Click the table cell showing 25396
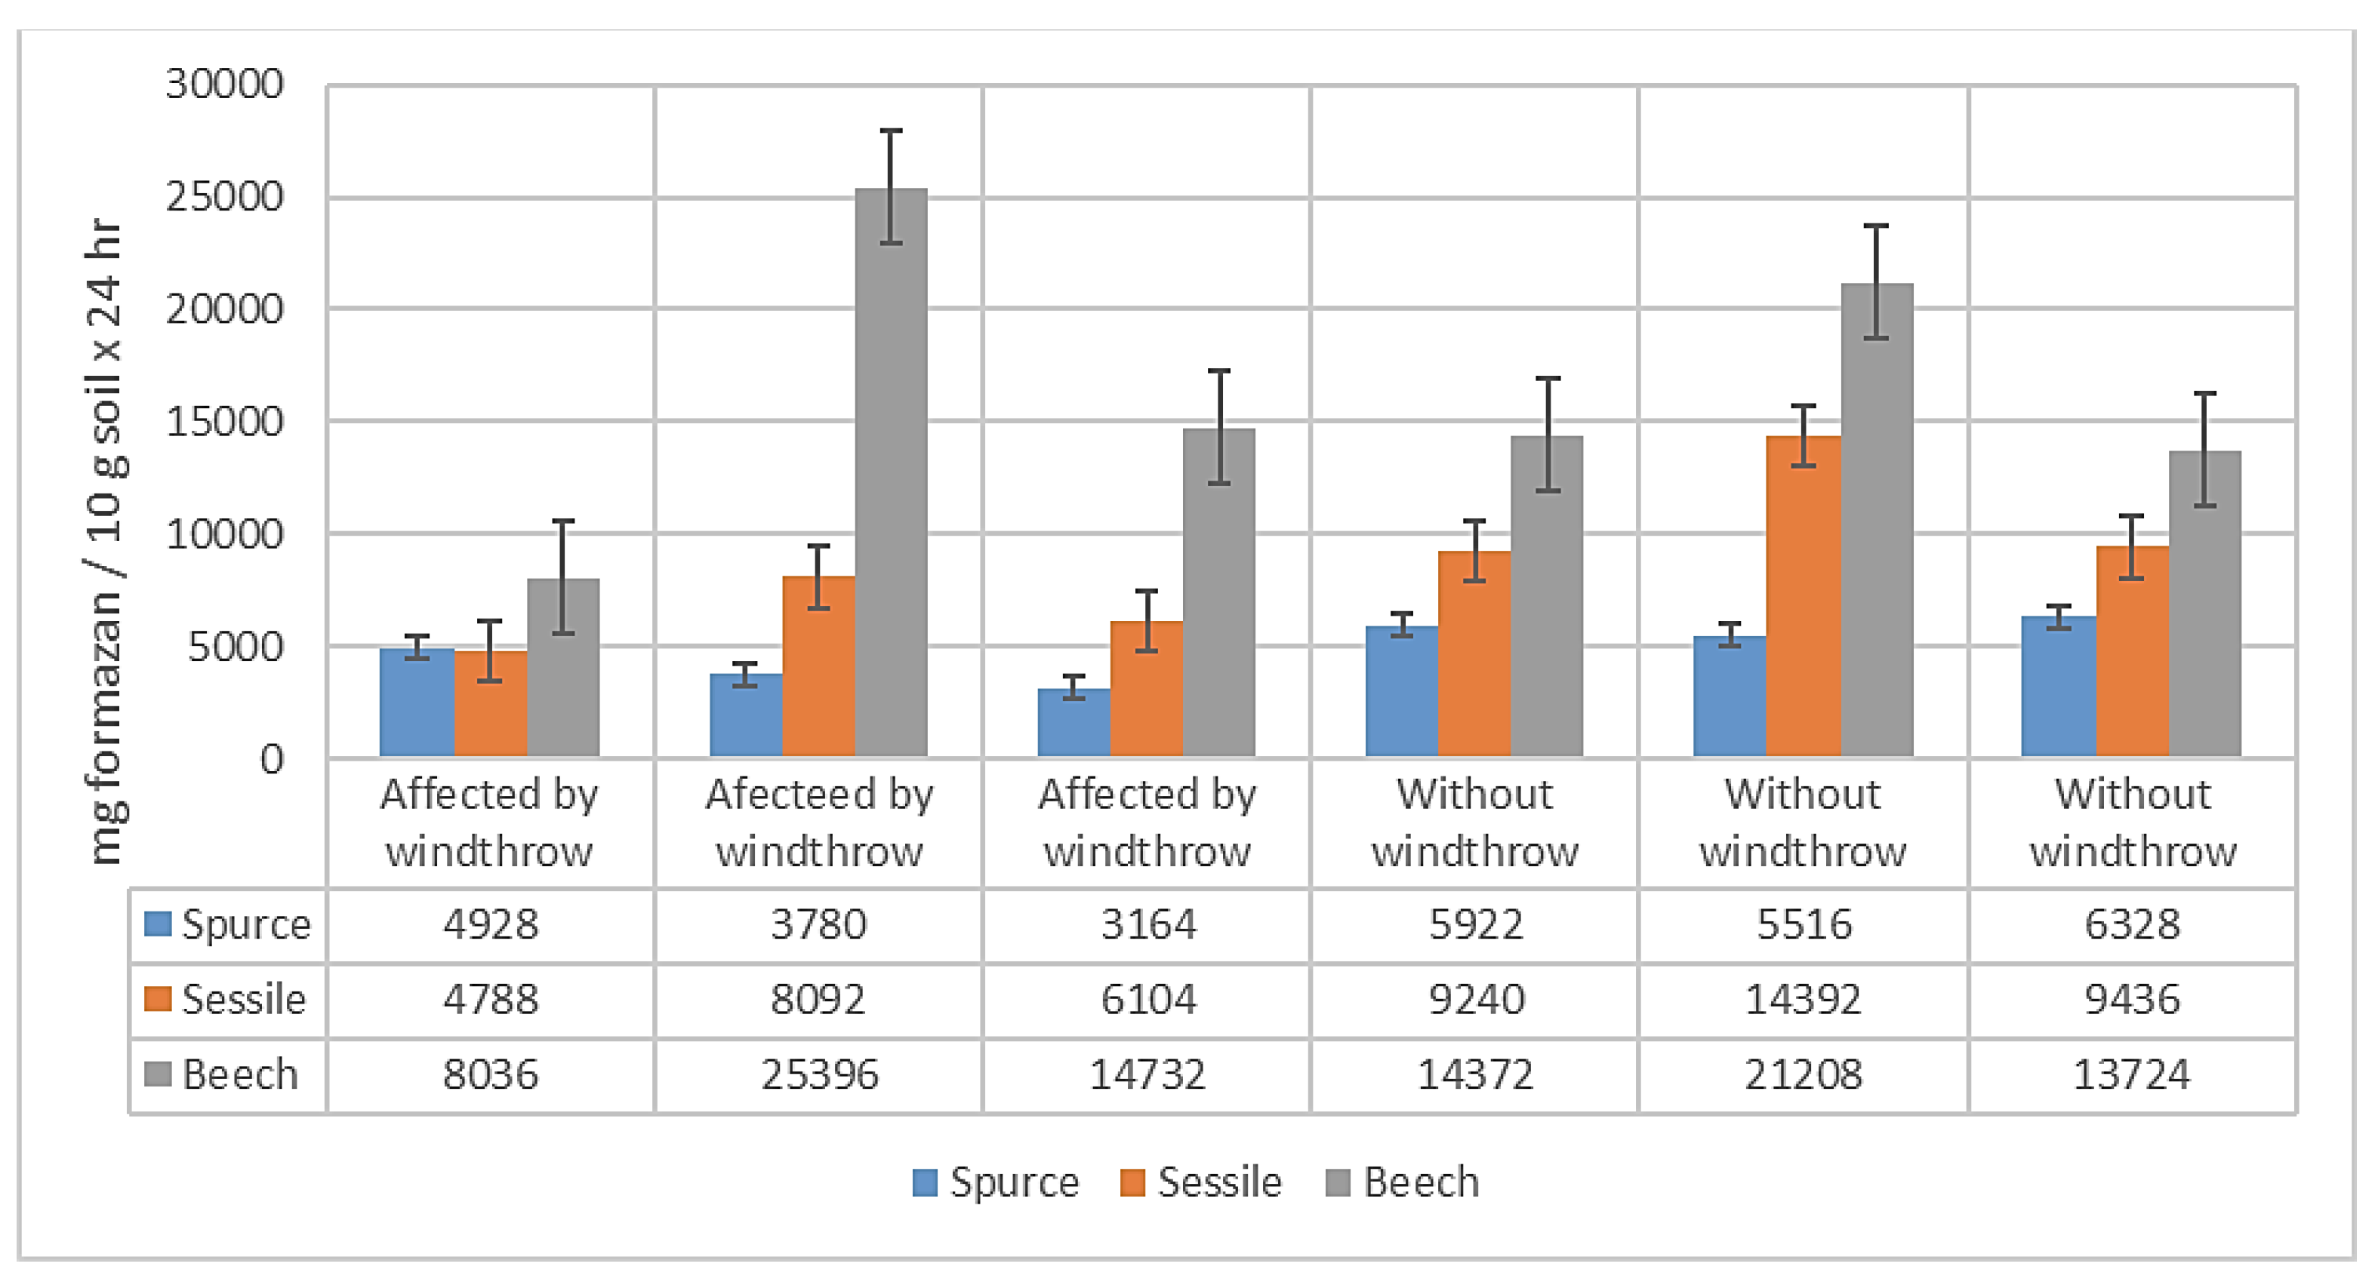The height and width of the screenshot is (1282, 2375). pyautogui.click(x=818, y=1074)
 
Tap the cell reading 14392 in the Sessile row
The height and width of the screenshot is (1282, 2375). pyautogui.click(x=1803, y=1000)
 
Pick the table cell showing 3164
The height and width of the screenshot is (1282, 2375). pyautogui.click(x=1147, y=924)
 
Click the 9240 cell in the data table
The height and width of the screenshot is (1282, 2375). pyautogui.click(x=1475, y=1000)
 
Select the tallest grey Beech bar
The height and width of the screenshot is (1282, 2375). pyautogui.click(x=891, y=479)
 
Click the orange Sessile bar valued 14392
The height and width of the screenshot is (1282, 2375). pyautogui.click(x=1803, y=599)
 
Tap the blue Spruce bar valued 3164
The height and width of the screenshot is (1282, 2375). pyautogui.click(x=1074, y=724)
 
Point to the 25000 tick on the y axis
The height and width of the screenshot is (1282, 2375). pyautogui.click(x=224, y=197)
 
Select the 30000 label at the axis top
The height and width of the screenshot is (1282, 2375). pyautogui.click(x=224, y=85)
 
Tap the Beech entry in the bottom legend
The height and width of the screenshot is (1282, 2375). pyautogui.click(x=1403, y=1182)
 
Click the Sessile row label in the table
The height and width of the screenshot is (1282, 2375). pyautogui.click(x=226, y=1000)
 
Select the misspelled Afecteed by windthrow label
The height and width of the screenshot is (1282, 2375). pyautogui.click(x=818, y=822)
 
